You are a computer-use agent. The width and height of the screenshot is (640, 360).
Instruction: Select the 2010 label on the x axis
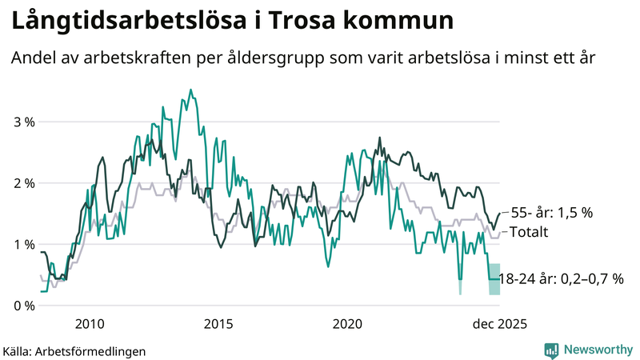[89, 324]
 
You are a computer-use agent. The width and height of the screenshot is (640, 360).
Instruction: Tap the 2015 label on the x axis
[218, 324]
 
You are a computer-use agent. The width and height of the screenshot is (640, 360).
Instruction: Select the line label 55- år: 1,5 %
[551, 213]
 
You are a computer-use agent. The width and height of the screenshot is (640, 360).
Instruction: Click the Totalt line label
[529, 232]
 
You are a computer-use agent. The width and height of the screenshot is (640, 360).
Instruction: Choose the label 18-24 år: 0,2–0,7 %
[561, 279]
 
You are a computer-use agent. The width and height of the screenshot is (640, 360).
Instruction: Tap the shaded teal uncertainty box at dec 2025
[494, 279]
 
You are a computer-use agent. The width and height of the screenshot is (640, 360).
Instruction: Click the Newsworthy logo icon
[551, 350]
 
